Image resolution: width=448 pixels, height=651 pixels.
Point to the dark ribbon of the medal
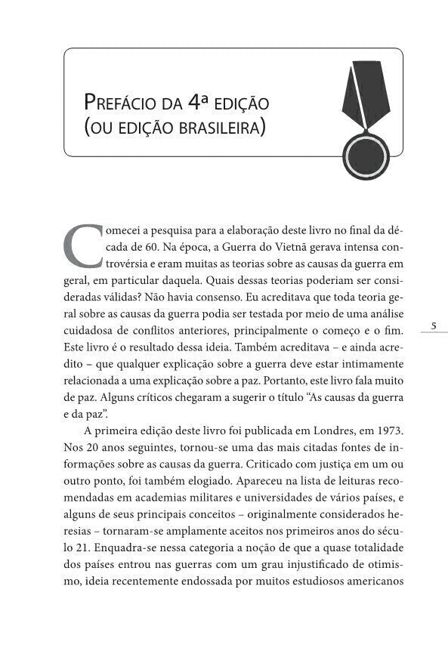click(x=361, y=91)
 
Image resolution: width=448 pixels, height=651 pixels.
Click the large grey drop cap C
click(x=80, y=243)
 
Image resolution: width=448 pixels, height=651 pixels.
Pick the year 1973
click(x=388, y=430)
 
